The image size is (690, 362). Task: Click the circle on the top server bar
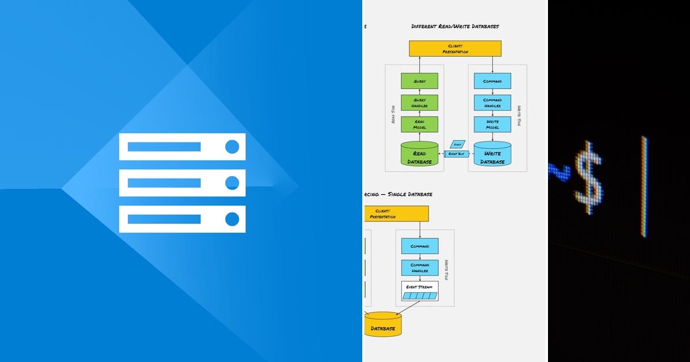point(232,147)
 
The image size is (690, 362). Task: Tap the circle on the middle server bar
point(232,183)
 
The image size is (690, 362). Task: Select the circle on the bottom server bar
point(232,219)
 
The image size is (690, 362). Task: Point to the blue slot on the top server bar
point(164,147)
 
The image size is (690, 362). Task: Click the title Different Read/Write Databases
point(455,26)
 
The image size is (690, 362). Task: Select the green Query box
point(419,81)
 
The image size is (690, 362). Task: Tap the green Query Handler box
point(419,103)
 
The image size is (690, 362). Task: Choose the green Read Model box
point(419,124)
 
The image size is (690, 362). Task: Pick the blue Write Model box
point(492,124)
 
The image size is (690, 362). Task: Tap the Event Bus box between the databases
point(457,154)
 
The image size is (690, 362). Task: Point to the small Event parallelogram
point(457,144)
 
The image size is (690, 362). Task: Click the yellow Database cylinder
point(382,325)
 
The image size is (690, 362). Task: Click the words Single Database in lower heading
point(409,194)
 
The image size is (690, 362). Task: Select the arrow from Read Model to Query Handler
point(419,114)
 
